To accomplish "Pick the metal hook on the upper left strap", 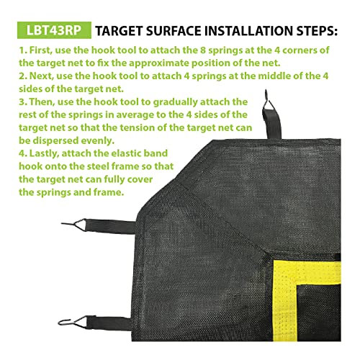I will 26,228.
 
